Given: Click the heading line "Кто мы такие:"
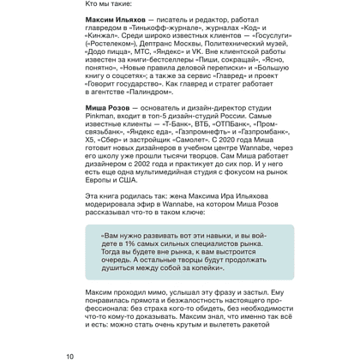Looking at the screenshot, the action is coord(109,7).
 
